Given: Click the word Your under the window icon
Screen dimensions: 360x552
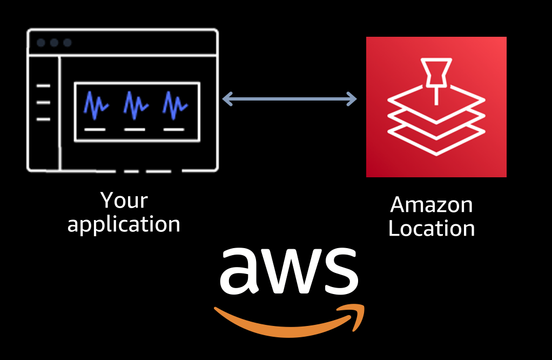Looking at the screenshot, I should click(x=124, y=201).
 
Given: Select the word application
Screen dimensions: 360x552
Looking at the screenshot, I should click(x=124, y=224).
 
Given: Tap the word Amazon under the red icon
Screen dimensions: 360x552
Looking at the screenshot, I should click(x=432, y=205).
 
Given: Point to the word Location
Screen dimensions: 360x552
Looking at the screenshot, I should click(x=432, y=228).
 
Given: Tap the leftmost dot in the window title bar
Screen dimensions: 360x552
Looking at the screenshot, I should click(x=41, y=43).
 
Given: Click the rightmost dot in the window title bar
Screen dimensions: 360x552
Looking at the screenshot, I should click(x=67, y=43).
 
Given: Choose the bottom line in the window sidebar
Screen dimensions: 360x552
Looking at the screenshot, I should click(x=43, y=119).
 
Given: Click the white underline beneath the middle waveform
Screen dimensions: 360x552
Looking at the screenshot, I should click(x=134, y=130).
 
